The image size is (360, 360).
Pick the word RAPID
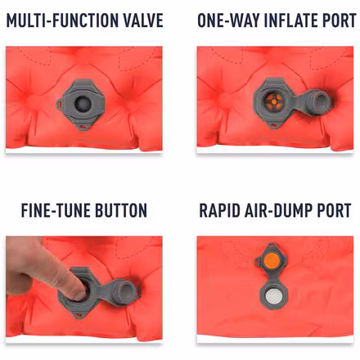[x=221, y=211]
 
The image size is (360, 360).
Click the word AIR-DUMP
[x=279, y=211]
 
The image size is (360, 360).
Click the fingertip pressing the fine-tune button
[x=70, y=286]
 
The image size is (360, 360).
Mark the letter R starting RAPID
[x=204, y=211]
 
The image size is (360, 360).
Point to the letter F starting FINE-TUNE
[x=25, y=211]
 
